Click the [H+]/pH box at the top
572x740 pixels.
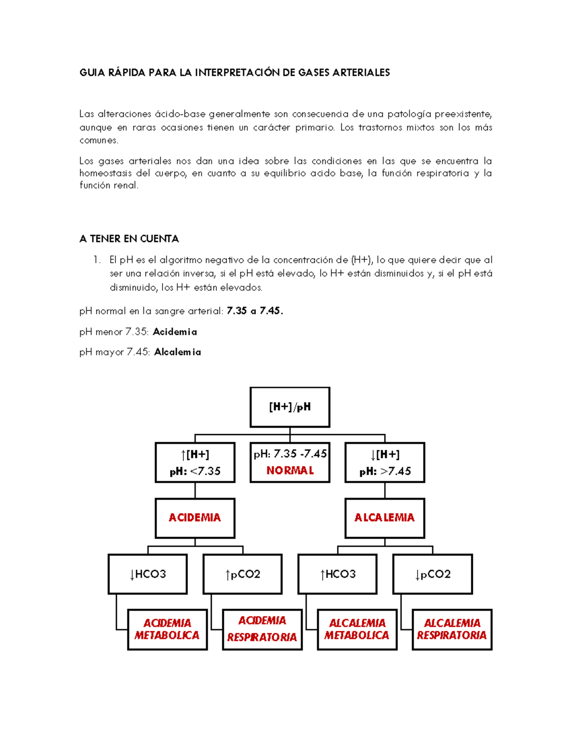tap(290, 407)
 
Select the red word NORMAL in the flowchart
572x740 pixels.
tap(290, 471)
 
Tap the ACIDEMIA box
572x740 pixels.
tap(195, 518)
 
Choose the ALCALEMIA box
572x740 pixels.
tap(385, 518)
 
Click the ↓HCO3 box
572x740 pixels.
tap(148, 574)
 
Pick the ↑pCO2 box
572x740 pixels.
tap(243, 574)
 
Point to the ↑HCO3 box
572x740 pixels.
tap(337, 574)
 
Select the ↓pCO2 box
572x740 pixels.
tap(432, 574)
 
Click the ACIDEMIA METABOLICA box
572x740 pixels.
tap(167, 629)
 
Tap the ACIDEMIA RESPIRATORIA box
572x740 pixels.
tap(262, 629)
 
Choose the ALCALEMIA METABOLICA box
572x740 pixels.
tap(357, 629)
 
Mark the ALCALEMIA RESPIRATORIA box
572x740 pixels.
tap(452, 629)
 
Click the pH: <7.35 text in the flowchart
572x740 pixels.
tap(195, 472)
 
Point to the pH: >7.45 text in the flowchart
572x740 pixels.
tap(385, 472)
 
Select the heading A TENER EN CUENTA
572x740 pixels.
tap(129, 239)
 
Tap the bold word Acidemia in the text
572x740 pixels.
tap(174, 332)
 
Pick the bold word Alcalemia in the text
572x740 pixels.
tap(177, 352)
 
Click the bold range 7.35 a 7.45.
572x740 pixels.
tap(255, 311)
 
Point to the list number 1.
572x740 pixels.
tap(97, 260)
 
